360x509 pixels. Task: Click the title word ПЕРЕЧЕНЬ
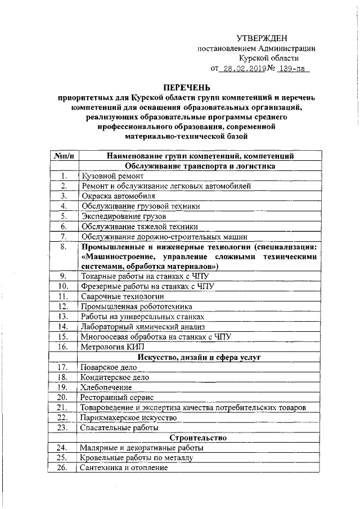click(186, 87)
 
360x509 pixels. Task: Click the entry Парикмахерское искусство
click(129, 418)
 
